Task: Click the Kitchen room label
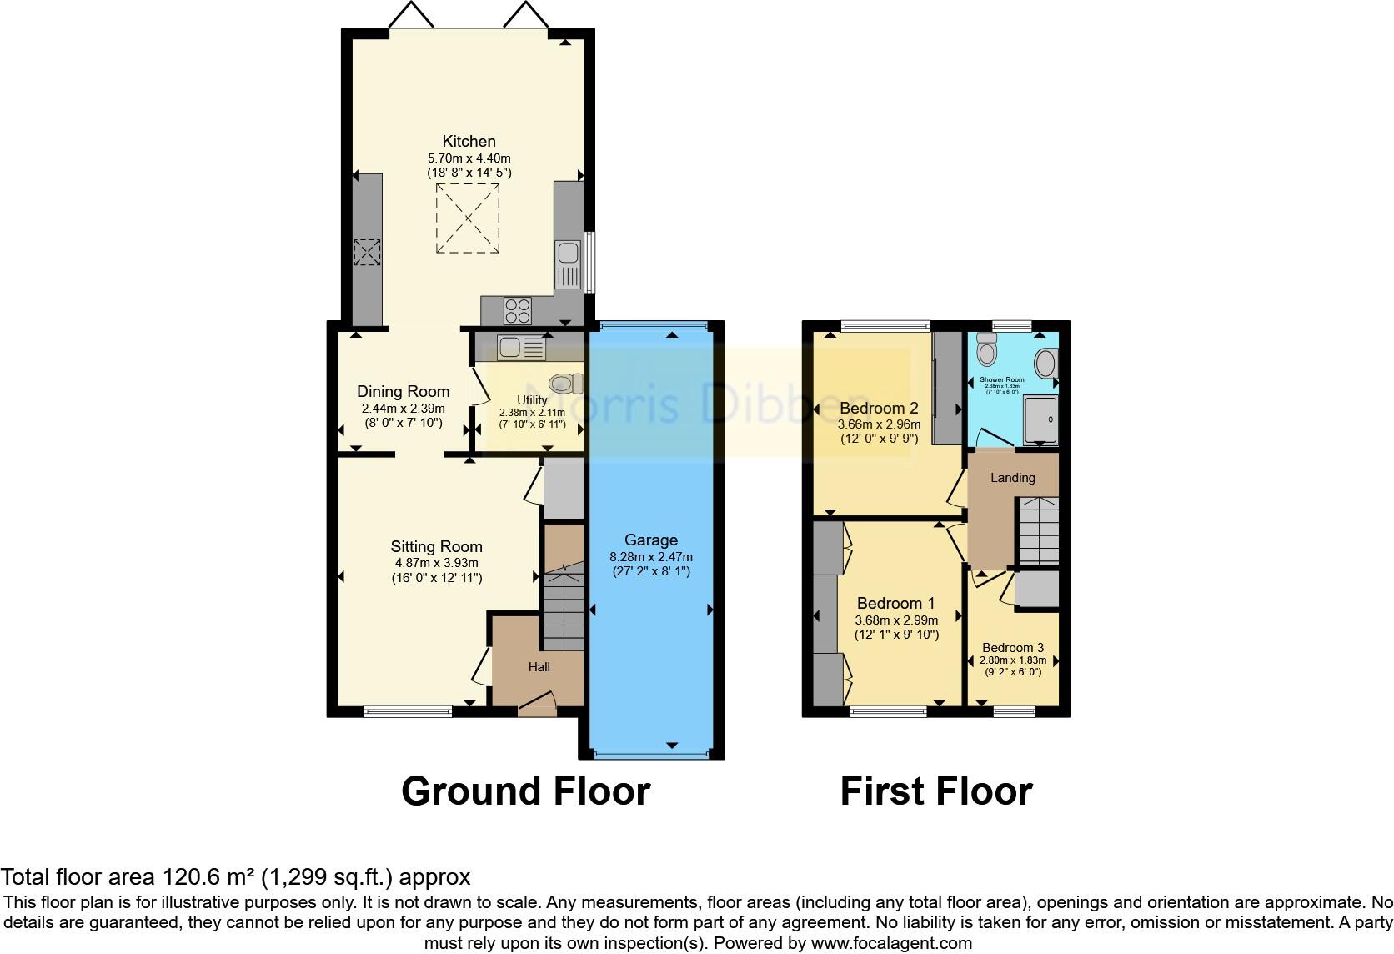pyautogui.click(x=469, y=141)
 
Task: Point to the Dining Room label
pyautogui.click(x=403, y=391)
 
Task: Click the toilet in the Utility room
pyautogui.click(x=564, y=383)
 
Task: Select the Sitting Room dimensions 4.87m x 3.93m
pyautogui.click(x=436, y=563)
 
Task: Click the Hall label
pyautogui.click(x=539, y=666)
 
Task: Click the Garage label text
pyautogui.click(x=650, y=540)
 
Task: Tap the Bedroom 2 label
pyautogui.click(x=879, y=408)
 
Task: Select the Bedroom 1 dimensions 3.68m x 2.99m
pyautogui.click(x=896, y=620)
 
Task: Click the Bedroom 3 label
pyautogui.click(x=1012, y=647)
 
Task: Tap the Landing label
pyautogui.click(x=1012, y=478)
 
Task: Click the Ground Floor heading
pyautogui.click(x=525, y=791)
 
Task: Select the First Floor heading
pyautogui.click(x=935, y=791)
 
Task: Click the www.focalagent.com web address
pyautogui.click(x=891, y=944)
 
